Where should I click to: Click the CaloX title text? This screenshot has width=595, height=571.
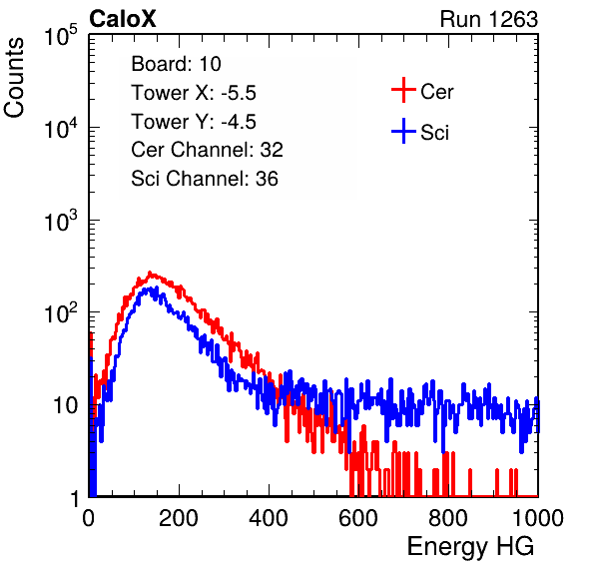pyautogui.click(x=123, y=19)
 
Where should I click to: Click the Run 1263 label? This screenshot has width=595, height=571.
pyautogui.click(x=489, y=19)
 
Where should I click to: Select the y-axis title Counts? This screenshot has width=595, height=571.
pyautogui.click(x=14, y=78)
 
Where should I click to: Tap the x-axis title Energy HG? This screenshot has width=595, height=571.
pyautogui.click(x=470, y=547)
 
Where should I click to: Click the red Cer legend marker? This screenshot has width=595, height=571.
pyautogui.click(x=403, y=90)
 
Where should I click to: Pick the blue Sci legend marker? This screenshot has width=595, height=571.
pyautogui.click(x=403, y=131)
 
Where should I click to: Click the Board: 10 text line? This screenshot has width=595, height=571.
pyautogui.click(x=176, y=64)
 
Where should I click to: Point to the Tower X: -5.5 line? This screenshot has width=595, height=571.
pyautogui.click(x=194, y=93)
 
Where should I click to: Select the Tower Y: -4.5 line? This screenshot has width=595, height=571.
pyautogui.click(x=194, y=122)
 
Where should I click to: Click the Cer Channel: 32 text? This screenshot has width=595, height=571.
pyautogui.click(x=208, y=150)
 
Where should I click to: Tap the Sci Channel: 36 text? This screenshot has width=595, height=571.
pyautogui.click(x=205, y=179)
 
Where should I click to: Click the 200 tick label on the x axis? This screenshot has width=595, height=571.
pyautogui.click(x=179, y=518)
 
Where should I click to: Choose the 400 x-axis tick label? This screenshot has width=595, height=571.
pyautogui.click(x=269, y=518)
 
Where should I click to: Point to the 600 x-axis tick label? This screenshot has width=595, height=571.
pyautogui.click(x=358, y=518)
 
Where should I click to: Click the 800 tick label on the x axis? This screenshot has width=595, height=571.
pyautogui.click(x=448, y=518)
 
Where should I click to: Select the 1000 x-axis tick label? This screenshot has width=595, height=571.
pyautogui.click(x=538, y=518)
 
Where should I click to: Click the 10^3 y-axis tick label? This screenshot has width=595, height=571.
pyautogui.click(x=61, y=221)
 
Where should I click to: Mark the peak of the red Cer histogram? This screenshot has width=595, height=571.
pyautogui.click(x=150, y=273)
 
